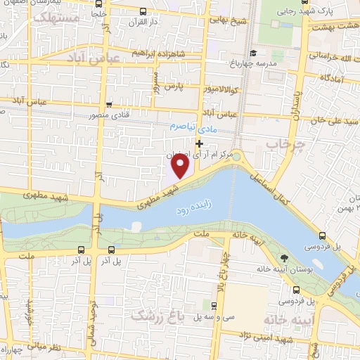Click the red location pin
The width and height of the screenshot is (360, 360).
[x=181, y=166]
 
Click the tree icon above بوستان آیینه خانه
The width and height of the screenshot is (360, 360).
[x=283, y=259]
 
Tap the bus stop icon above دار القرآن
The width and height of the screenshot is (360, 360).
[x=143, y=11]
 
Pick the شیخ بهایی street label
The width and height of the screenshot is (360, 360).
[x=231, y=20]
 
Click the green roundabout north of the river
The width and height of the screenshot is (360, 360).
[x=237, y=156]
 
